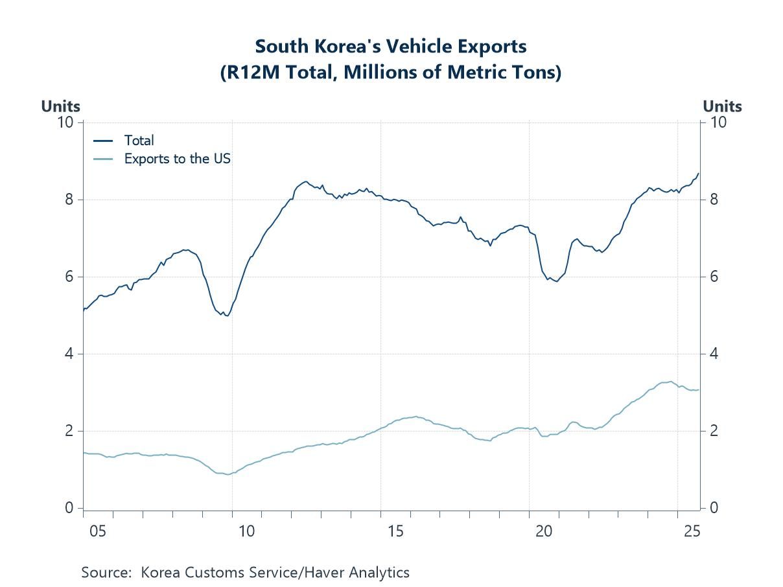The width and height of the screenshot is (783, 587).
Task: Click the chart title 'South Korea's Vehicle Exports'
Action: pos(391,47)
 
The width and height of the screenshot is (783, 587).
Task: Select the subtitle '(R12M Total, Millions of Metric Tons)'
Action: pos(391,73)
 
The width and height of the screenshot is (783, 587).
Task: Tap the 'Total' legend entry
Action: pos(139,140)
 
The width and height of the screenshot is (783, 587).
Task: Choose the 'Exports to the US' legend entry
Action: pos(177,158)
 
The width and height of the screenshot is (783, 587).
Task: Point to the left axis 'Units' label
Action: pos(61,106)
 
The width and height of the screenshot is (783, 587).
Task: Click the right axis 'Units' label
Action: pos(722,106)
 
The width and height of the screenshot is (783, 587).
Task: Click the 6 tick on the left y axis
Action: pos(69,277)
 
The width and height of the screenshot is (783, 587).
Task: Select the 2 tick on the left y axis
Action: pos(69,431)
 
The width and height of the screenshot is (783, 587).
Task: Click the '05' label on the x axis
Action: pos(97,531)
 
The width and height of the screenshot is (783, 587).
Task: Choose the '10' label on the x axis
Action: pos(246,531)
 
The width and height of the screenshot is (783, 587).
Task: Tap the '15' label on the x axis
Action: pos(395,531)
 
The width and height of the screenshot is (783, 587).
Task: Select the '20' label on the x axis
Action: pos(544,531)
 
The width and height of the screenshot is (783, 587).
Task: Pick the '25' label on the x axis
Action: pos(692,531)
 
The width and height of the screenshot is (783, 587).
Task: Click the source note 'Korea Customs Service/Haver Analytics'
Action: pos(275,573)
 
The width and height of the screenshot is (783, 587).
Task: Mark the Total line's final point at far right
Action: pos(698,174)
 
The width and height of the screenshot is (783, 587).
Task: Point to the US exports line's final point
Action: pos(698,389)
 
